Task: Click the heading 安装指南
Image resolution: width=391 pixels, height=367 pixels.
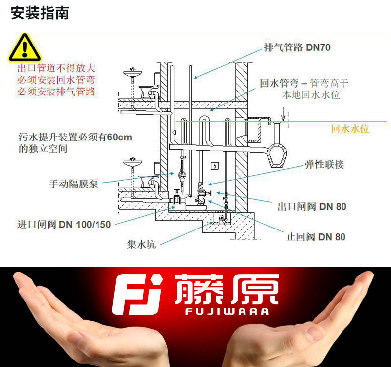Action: (x=40, y=13)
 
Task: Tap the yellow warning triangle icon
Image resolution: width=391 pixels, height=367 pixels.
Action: (x=25, y=48)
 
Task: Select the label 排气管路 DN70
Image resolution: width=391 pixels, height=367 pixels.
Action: (x=297, y=47)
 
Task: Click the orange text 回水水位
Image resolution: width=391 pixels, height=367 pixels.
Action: (x=350, y=129)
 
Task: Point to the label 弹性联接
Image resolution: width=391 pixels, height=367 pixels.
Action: (x=324, y=164)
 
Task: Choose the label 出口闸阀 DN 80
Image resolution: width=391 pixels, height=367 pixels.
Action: (x=312, y=207)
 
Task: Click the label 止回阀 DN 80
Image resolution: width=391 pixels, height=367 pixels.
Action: (x=316, y=237)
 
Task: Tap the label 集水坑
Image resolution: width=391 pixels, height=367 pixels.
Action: (x=142, y=244)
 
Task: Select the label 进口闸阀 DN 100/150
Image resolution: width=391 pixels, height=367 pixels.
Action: (x=64, y=224)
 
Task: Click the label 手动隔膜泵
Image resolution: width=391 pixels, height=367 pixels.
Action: (x=74, y=184)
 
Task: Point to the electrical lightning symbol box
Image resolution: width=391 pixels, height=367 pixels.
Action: (x=215, y=166)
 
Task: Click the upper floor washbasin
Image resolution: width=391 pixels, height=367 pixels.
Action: (x=133, y=73)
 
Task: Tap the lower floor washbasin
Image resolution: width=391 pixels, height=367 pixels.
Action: (x=133, y=163)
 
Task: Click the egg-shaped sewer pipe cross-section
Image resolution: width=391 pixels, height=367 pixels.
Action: (x=277, y=156)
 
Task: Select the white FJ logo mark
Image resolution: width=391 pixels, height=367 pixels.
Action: (x=137, y=294)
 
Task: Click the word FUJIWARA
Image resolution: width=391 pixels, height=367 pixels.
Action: (x=227, y=311)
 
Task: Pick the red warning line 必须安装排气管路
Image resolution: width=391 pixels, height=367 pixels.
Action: (x=56, y=92)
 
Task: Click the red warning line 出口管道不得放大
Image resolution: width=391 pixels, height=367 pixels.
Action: (x=56, y=68)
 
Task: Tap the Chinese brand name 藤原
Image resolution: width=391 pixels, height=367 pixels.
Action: (x=226, y=289)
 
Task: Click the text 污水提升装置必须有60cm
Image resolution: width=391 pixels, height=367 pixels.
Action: (x=75, y=137)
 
